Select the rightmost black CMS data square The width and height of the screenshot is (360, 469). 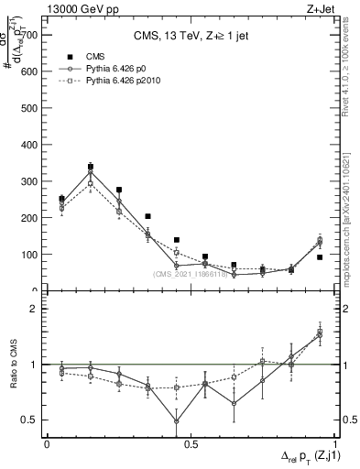320,257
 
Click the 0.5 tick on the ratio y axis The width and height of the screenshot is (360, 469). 33,420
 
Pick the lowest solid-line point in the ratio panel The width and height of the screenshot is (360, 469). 177,421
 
